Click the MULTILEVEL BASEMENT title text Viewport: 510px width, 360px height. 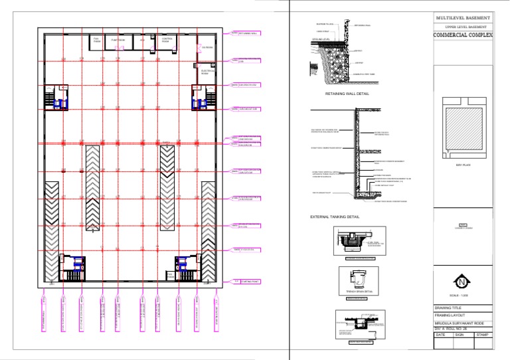coord(463,17)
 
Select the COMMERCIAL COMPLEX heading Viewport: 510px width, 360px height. coord(463,35)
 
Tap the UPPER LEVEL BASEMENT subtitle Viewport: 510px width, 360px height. coord(463,26)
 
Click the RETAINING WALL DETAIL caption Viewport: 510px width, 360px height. coord(347,94)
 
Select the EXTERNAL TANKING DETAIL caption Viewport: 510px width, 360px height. coord(335,217)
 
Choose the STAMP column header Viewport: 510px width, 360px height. coord(484,335)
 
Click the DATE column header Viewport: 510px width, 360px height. coord(441,335)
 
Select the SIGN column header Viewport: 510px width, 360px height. coord(460,335)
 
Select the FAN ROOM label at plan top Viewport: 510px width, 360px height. coord(96,40)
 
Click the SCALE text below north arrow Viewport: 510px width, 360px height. coord(463,294)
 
